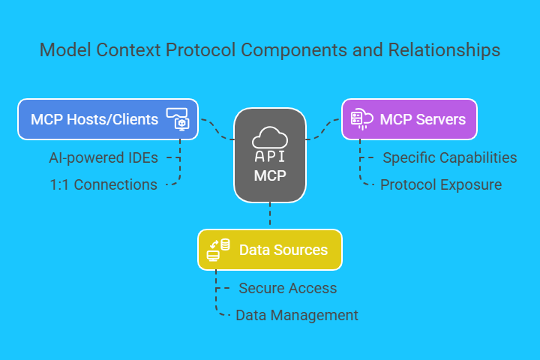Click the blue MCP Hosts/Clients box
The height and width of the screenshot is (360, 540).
[108, 119]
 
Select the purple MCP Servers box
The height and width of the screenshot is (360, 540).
[409, 119]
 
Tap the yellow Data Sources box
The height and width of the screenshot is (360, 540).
[270, 250]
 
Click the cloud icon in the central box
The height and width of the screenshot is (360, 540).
[270, 136]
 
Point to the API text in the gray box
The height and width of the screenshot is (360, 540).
[270, 157]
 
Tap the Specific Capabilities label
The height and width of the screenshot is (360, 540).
[450, 158]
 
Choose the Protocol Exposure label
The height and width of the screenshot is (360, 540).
[441, 184]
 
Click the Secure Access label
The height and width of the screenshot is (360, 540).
[287, 288]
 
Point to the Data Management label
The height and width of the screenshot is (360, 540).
[296, 315]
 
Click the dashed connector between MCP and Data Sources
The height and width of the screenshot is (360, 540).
[270, 216]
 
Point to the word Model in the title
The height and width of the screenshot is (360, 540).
[61, 50]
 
